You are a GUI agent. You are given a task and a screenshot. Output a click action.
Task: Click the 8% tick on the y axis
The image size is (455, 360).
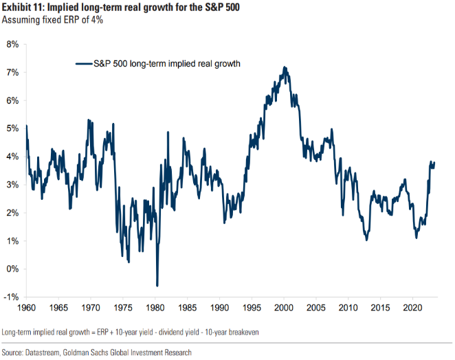point(13,44)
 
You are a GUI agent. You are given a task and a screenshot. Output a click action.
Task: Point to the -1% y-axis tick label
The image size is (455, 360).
point(12,297)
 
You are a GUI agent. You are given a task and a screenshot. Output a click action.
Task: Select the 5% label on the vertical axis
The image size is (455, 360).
point(13,128)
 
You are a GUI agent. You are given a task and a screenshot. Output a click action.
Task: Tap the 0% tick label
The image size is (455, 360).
point(13,269)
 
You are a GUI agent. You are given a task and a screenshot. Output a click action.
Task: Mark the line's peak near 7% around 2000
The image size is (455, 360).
point(285,67)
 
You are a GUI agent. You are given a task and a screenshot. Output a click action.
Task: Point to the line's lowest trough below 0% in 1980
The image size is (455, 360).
point(157,285)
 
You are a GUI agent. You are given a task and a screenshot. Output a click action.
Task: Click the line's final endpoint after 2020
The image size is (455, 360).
point(434,163)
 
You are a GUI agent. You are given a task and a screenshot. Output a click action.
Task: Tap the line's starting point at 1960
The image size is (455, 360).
point(26,126)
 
